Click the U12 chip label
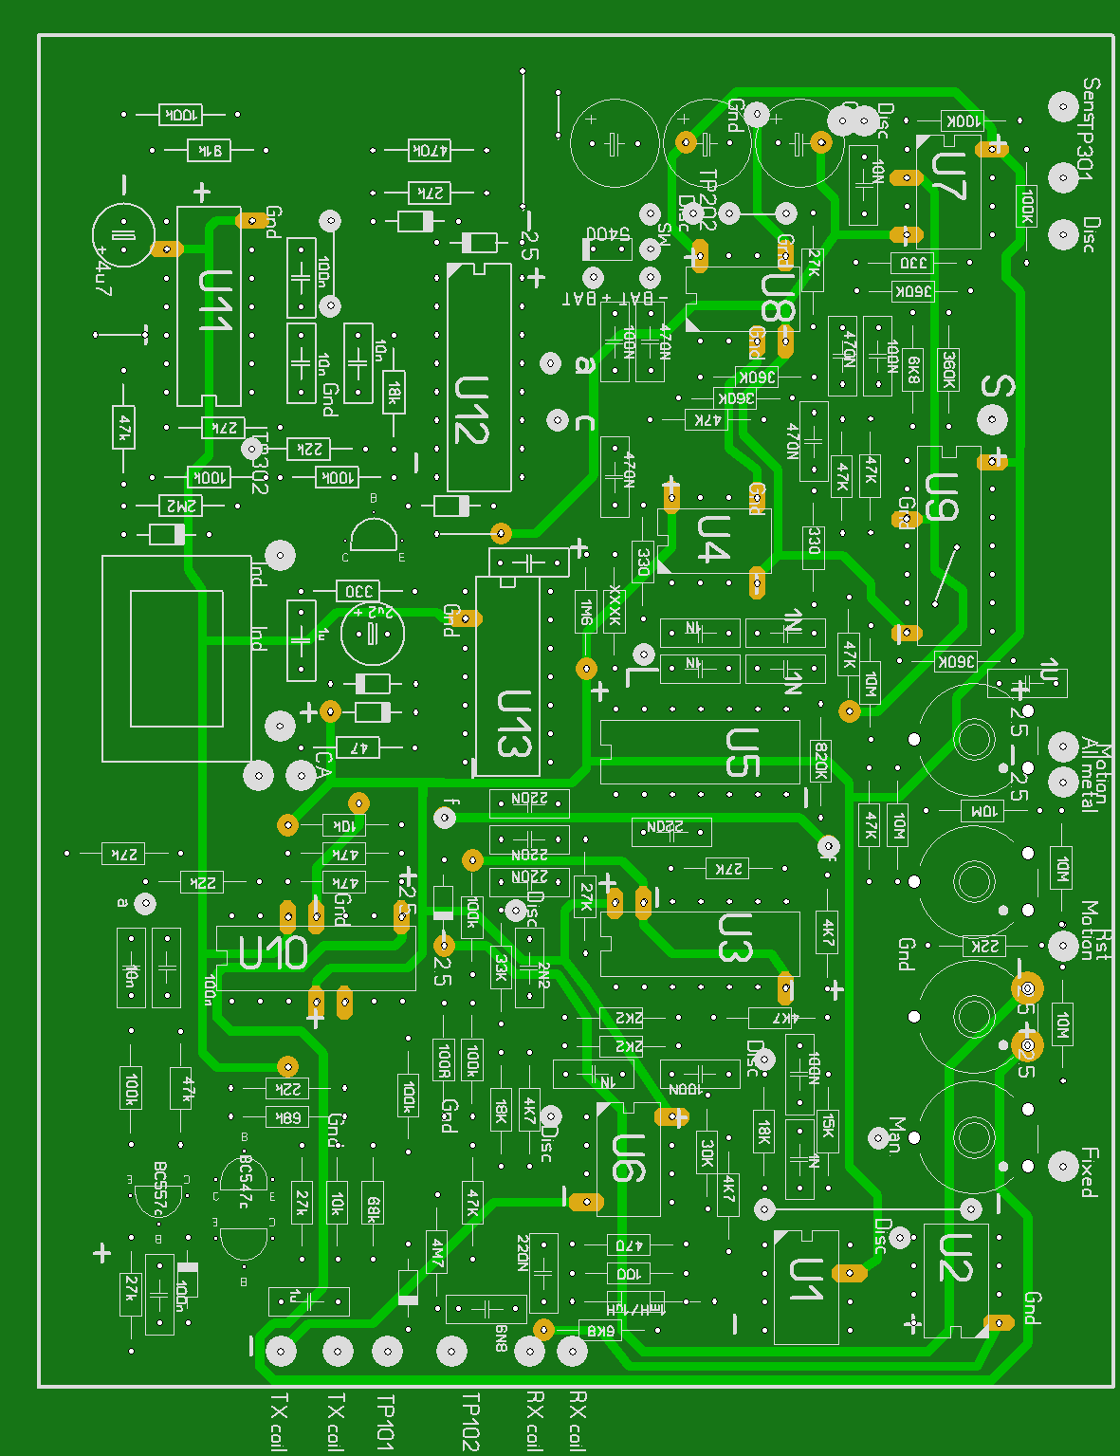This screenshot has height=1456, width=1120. tap(471, 410)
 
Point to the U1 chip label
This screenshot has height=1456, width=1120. tap(807, 1280)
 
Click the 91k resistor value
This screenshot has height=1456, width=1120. tap(210, 150)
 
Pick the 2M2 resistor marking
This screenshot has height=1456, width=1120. tap(179, 505)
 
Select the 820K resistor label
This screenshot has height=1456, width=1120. tap(821, 761)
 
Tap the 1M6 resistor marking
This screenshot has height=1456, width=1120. tap(586, 614)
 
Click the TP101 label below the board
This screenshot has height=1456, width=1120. tap(385, 1421)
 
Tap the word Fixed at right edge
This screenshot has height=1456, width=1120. tap(1090, 1172)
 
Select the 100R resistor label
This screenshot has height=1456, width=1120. tap(443, 1060)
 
